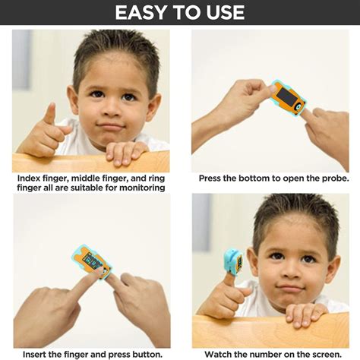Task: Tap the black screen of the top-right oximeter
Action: point(286,96)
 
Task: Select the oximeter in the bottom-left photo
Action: point(92,261)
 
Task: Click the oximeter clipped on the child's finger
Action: point(232,262)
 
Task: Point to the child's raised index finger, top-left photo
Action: point(49,114)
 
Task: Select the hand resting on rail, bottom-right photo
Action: point(304,314)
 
